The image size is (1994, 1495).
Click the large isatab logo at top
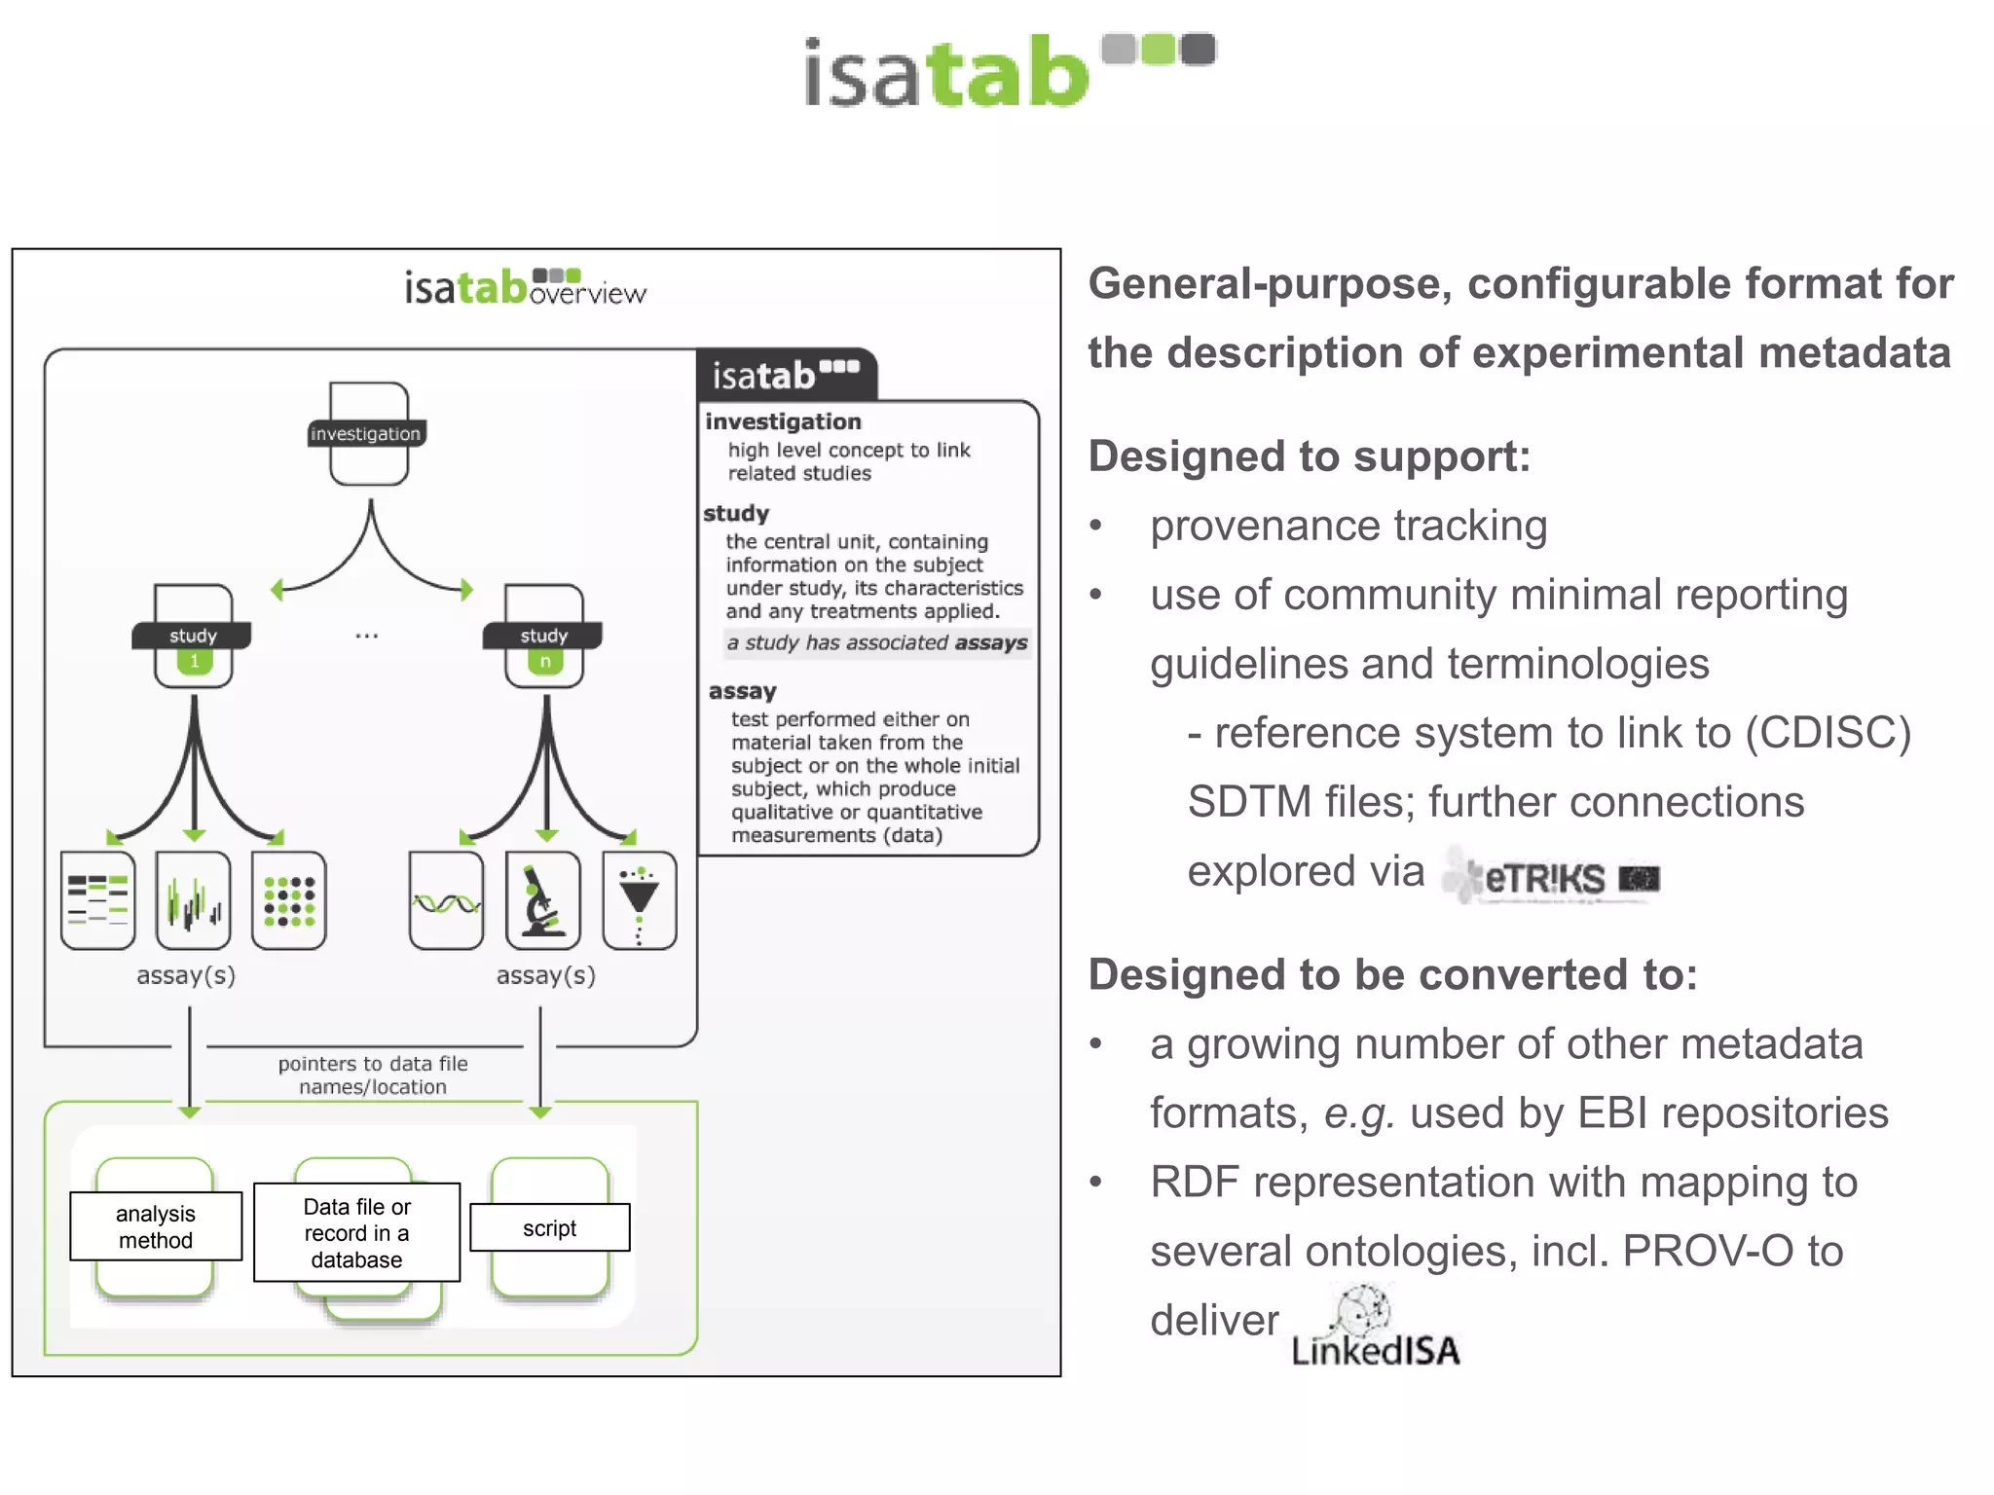click(1008, 71)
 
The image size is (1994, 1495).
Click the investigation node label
click(365, 434)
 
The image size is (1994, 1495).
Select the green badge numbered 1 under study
click(194, 662)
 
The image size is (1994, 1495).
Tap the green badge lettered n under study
click(545, 662)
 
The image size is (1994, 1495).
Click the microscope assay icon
click(542, 900)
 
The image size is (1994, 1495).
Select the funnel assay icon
click(639, 900)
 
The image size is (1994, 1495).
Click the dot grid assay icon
click(289, 900)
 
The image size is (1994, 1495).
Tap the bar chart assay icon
click(194, 900)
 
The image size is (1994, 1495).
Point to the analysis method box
click(156, 1226)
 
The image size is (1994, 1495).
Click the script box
click(550, 1228)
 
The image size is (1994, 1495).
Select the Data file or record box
click(356, 1233)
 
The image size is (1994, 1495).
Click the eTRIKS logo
click(1550, 877)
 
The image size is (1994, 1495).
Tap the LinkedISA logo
click(1375, 1330)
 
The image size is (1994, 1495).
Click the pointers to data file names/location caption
click(373, 1076)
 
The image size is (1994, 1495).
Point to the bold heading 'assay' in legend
click(743, 691)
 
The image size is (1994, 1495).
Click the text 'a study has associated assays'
click(876, 642)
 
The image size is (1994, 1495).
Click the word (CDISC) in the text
click(1828, 733)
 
